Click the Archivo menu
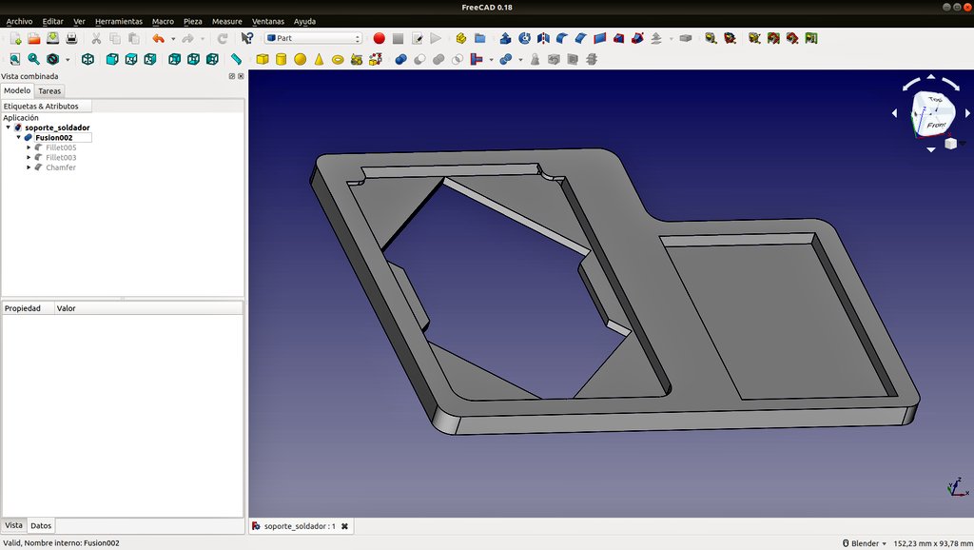coord(19,21)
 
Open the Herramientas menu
coord(119,21)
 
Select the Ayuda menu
coord(304,21)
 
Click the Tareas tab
coord(49,90)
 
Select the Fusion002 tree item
coord(54,137)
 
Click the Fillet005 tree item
coord(61,147)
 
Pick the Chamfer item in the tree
coord(61,167)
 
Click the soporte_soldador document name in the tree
coord(57,128)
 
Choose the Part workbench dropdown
coord(314,38)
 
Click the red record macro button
coord(379,38)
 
